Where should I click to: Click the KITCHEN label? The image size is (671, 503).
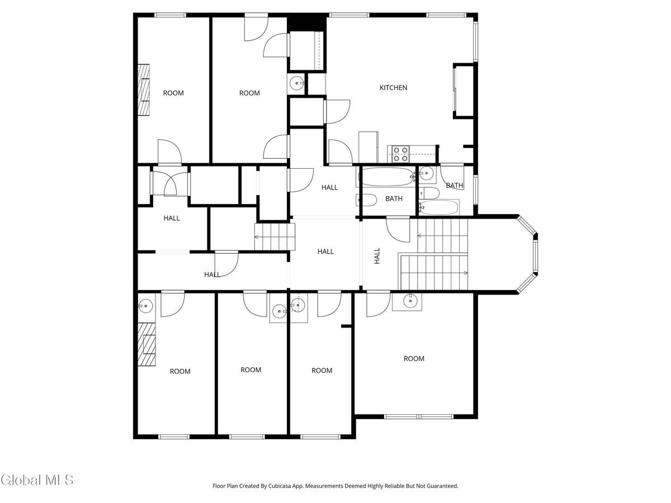[393, 88]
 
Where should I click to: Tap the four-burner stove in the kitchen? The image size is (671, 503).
[400, 154]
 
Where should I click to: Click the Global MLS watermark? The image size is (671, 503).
[37, 480]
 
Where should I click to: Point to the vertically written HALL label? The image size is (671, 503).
[377, 256]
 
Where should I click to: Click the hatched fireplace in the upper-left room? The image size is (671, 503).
[144, 90]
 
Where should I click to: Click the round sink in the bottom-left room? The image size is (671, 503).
[145, 305]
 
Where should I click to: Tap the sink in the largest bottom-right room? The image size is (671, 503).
[411, 301]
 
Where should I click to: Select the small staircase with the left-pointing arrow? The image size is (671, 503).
[274, 236]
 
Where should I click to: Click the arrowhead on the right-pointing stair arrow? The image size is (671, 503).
[466, 273]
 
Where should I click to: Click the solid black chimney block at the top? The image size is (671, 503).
[306, 23]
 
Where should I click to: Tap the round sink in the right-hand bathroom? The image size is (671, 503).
[427, 174]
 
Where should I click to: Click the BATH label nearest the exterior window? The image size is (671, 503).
[454, 186]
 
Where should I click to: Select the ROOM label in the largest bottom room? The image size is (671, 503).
[414, 359]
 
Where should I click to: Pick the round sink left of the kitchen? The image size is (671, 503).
[295, 83]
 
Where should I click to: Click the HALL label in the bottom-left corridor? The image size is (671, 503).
[212, 274]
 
